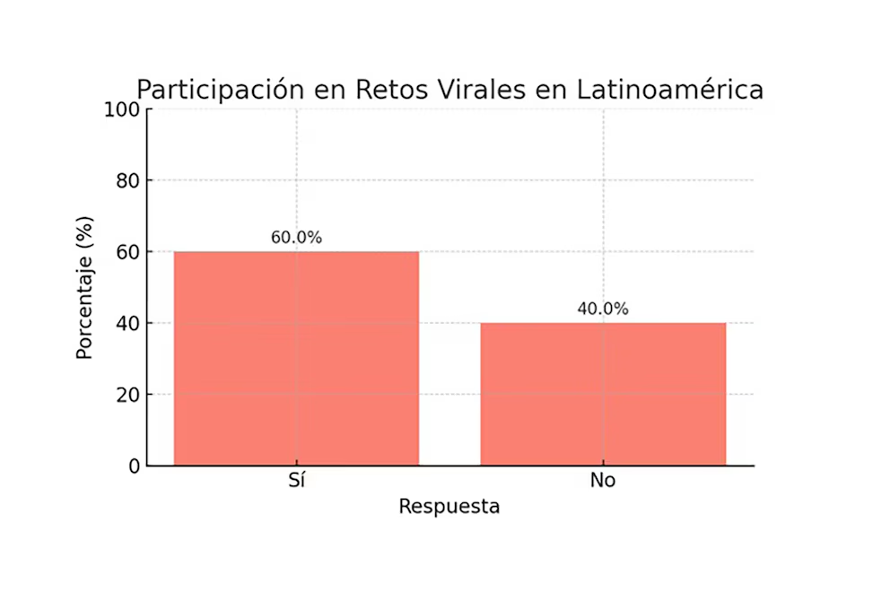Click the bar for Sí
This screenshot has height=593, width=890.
coord(296,358)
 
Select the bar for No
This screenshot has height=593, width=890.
coord(603,394)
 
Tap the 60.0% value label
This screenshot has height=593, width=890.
coord(296,238)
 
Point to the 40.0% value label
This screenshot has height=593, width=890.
coord(603,310)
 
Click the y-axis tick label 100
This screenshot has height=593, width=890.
coord(123,109)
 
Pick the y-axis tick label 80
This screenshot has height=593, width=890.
coord(128,180)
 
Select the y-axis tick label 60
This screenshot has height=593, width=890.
coord(128,252)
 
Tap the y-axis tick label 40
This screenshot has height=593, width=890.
coord(128,323)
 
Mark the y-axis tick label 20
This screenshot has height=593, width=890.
coord(128,395)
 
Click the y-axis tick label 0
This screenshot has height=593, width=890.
coord(134,466)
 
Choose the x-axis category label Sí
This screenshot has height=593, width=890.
coord(296,481)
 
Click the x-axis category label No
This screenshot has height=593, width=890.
coord(603,481)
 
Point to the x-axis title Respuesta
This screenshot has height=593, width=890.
coord(449,507)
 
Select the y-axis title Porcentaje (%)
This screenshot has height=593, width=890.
coord(84,287)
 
